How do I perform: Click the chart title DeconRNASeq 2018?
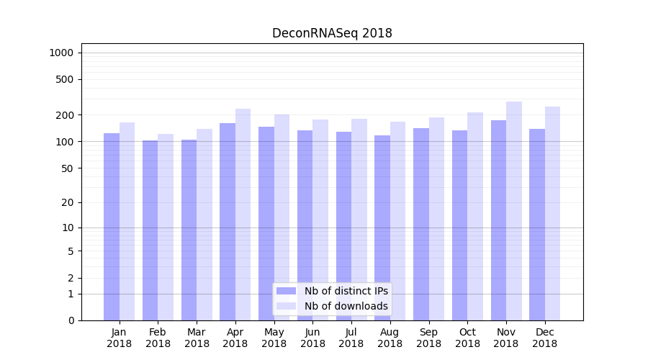pos(332,34)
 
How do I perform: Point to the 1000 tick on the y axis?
pos(61,53)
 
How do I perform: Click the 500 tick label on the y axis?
pos(65,79)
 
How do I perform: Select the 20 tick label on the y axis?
pos(68,202)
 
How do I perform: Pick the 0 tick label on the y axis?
pos(71,320)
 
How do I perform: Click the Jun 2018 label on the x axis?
pos(312,338)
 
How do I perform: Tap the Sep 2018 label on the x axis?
pos(428,338)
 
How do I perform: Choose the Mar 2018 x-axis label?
pos(197,338)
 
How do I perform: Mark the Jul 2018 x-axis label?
pos(351,338)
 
